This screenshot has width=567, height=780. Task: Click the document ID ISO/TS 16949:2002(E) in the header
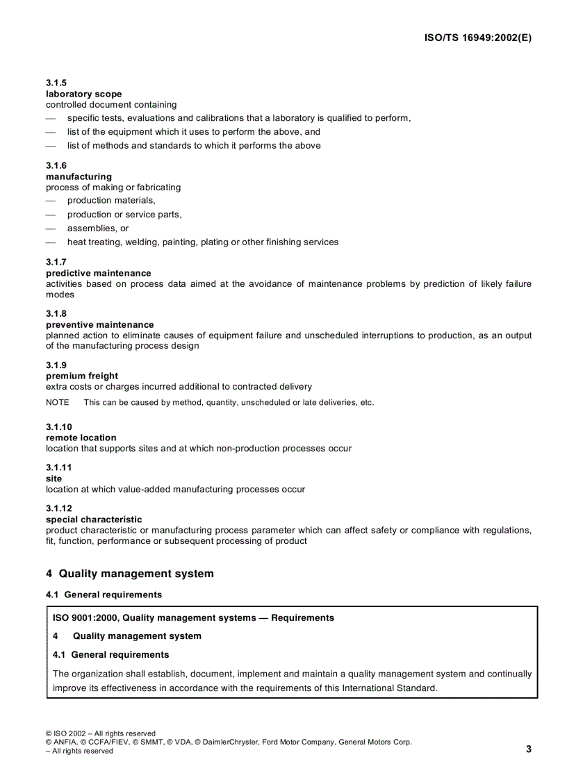pos(477,38)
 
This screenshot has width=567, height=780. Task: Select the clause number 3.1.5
pos(56,83)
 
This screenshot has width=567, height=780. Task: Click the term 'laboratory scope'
pos(83,94)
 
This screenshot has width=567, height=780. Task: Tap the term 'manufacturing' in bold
pos(79,176)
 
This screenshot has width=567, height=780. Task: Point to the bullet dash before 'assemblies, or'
pos(50,229)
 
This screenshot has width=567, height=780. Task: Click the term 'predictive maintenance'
pos(98,273)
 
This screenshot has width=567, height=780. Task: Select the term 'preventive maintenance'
pos(99,324)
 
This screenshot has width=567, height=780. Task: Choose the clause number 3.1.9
pos(56,365)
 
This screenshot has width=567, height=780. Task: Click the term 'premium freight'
pos(82,376)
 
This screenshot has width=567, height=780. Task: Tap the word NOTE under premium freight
pos(58,403)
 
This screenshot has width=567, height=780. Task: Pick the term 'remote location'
pos(81,438)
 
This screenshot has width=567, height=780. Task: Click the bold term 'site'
pos(54,479)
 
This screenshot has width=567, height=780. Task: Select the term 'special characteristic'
pos(94,520)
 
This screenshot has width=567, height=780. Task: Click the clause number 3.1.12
pos(58,508)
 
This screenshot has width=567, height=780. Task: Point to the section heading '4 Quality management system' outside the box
pos(130,574)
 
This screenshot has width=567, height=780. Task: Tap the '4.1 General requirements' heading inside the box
pos(110,654)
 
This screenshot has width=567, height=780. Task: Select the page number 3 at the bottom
pos(529,749)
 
